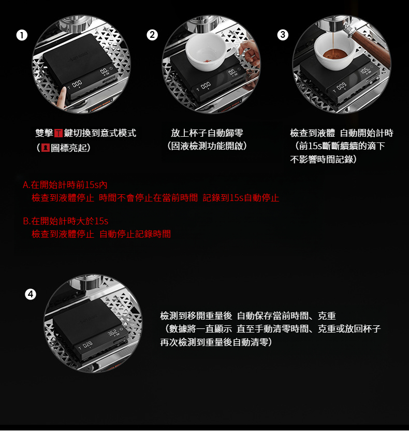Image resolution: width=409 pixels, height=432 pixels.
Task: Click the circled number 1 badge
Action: click(x=22, y=35)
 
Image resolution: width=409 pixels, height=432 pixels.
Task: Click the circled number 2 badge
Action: click(x=152, y=35)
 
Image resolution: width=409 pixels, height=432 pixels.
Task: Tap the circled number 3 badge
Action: click(x=283, y=35)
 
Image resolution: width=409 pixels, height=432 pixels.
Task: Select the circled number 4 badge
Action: click(x=31, y=294)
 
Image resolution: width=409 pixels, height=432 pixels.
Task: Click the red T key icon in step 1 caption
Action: click(x=59, y=133)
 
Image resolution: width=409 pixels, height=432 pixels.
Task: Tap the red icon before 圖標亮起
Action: click(x=46, y=148)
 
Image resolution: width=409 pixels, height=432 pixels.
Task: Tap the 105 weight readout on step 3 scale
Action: click(x=365, y=71)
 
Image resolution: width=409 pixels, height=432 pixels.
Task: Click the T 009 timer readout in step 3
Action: click(x=340, y=88)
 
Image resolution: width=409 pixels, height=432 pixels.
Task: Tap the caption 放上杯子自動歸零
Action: click(x=207, y=133)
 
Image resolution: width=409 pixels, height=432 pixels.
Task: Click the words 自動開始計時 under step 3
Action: click(x=367, y=133)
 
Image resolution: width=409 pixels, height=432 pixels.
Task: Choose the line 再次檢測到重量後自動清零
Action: click(x=216, y=342)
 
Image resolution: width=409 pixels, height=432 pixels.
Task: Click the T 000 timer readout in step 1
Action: click(x=75, y=84)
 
